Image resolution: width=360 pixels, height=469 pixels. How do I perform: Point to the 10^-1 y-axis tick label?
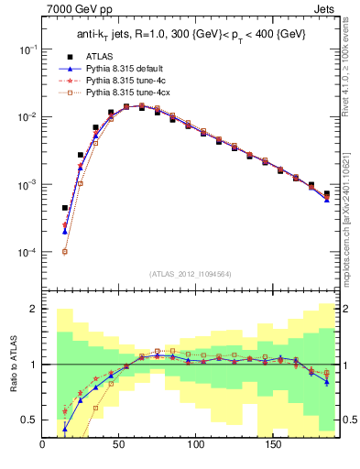[26, 49]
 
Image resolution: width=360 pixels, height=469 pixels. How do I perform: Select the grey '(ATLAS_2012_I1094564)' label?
[191, 273]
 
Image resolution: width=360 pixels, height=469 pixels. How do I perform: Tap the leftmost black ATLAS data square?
[65, 208]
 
